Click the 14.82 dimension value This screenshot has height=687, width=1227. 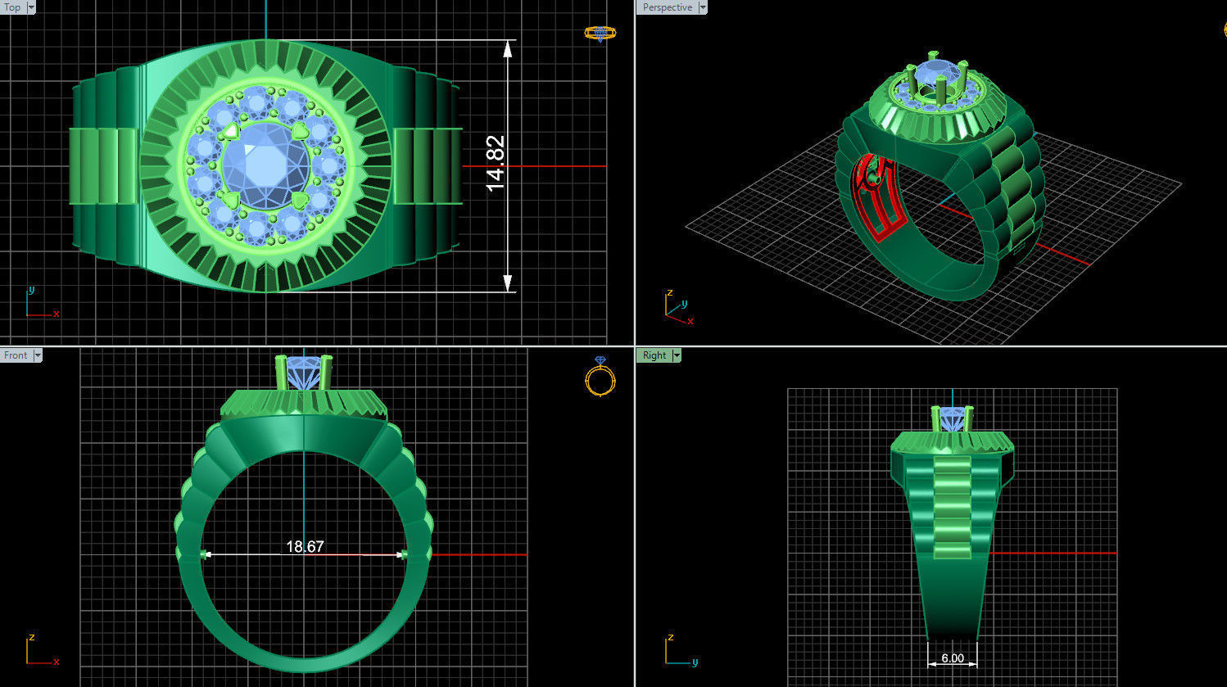point(496,164)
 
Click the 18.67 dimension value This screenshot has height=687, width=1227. point(305,546)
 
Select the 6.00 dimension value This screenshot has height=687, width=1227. point(952,658)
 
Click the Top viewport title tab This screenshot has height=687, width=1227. point(12,7)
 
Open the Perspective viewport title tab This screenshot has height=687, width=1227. point(667,7)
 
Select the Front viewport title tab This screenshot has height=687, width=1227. point(16,355)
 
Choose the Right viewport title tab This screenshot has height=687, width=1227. point(654,355)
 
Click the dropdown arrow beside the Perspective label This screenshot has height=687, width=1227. point(702,7)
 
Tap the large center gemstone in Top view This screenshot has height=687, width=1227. point(265,164)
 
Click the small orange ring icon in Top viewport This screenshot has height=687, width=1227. point(600,33)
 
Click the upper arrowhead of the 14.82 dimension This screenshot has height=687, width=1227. point(508,48)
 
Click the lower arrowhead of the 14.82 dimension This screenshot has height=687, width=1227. point(508,283)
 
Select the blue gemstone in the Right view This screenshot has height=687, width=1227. point(952,418)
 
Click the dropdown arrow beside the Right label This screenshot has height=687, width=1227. point(676,355)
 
